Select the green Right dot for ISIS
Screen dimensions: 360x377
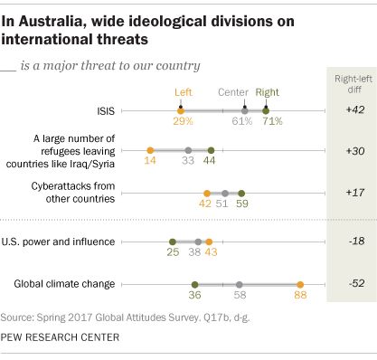(x=265, y=110)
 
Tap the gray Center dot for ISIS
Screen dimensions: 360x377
(x=243, y=110)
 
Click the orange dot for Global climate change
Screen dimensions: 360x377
(x=300, y=284)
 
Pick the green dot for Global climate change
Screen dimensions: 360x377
(x=194, y=284)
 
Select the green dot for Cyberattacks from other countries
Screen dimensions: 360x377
(x=241, y=193)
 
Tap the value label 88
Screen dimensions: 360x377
(x=300, y=296)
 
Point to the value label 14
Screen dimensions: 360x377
(x=149, y=162)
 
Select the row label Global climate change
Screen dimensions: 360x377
(x=64, y=284)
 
